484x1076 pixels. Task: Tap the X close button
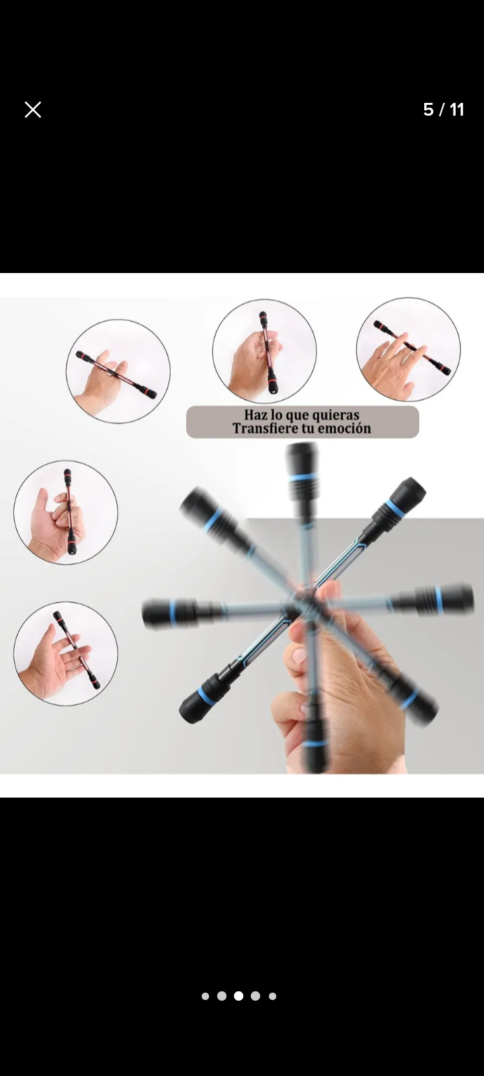[x=33, y=110]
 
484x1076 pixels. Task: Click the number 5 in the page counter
[x=428, y=110]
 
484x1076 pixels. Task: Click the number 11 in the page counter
[x=457, y=110]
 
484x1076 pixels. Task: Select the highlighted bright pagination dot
[x=238, y=996]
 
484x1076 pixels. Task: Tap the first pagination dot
[x=206, y=996]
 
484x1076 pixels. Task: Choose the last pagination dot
[x=272, y=996]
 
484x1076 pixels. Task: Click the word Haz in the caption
[x=255, y=414]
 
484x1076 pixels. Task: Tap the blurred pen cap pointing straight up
[x=302, y=470]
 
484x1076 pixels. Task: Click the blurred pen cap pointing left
[x=169, y=613]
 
